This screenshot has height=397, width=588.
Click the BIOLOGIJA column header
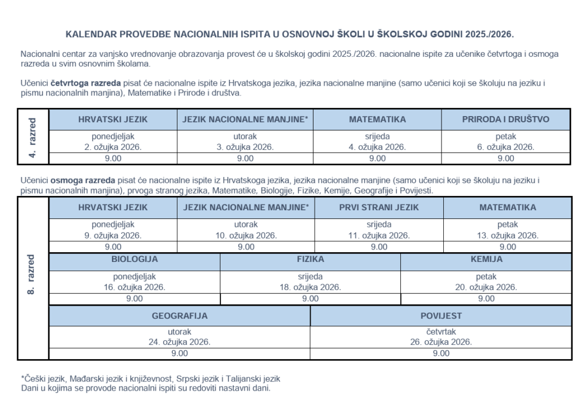pyautogui.click(x=134, y=259)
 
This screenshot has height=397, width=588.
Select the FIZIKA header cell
pyautogui.click(x=310, y=259)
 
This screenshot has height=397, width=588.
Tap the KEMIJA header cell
pyautogui.click(x=486, y=259)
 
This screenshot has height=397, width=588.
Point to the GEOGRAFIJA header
pyautogui.click(x=180, y=315)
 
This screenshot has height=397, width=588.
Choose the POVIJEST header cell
pyautogui.click(x=441, y=315)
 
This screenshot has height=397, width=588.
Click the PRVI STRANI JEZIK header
pyautogui.click(x=379, y=207)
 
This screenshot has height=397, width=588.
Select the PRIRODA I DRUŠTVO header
pyautogui.click(x=506, y=120)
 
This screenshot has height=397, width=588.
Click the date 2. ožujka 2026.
pyautogui.click(x=113, y=147)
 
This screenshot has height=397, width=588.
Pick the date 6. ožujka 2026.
pyautogui.click(x=506, y=147)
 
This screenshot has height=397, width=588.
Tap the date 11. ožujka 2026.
pyautogui.click(x=379, y=236)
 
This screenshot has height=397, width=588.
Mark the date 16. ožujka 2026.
pyautogui.click(x=134, y=287)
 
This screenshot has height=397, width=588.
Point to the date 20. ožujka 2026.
pyautogui.click(x=486, y=287)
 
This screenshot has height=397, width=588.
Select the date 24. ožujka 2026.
pyautogui.click(x=180, y=342)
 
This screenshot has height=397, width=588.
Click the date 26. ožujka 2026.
pyautogui.click(x=441, y=342)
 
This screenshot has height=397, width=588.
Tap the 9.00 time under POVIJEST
pyautogui.click(x=441, y=353)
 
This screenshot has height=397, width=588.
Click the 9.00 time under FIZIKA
pyautogui.click(x=310, y=299)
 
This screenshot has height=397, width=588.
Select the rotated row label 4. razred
pyautogui.click(x=32, y=137)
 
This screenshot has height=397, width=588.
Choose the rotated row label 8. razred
pyautogui.click(x=32, y=275)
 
